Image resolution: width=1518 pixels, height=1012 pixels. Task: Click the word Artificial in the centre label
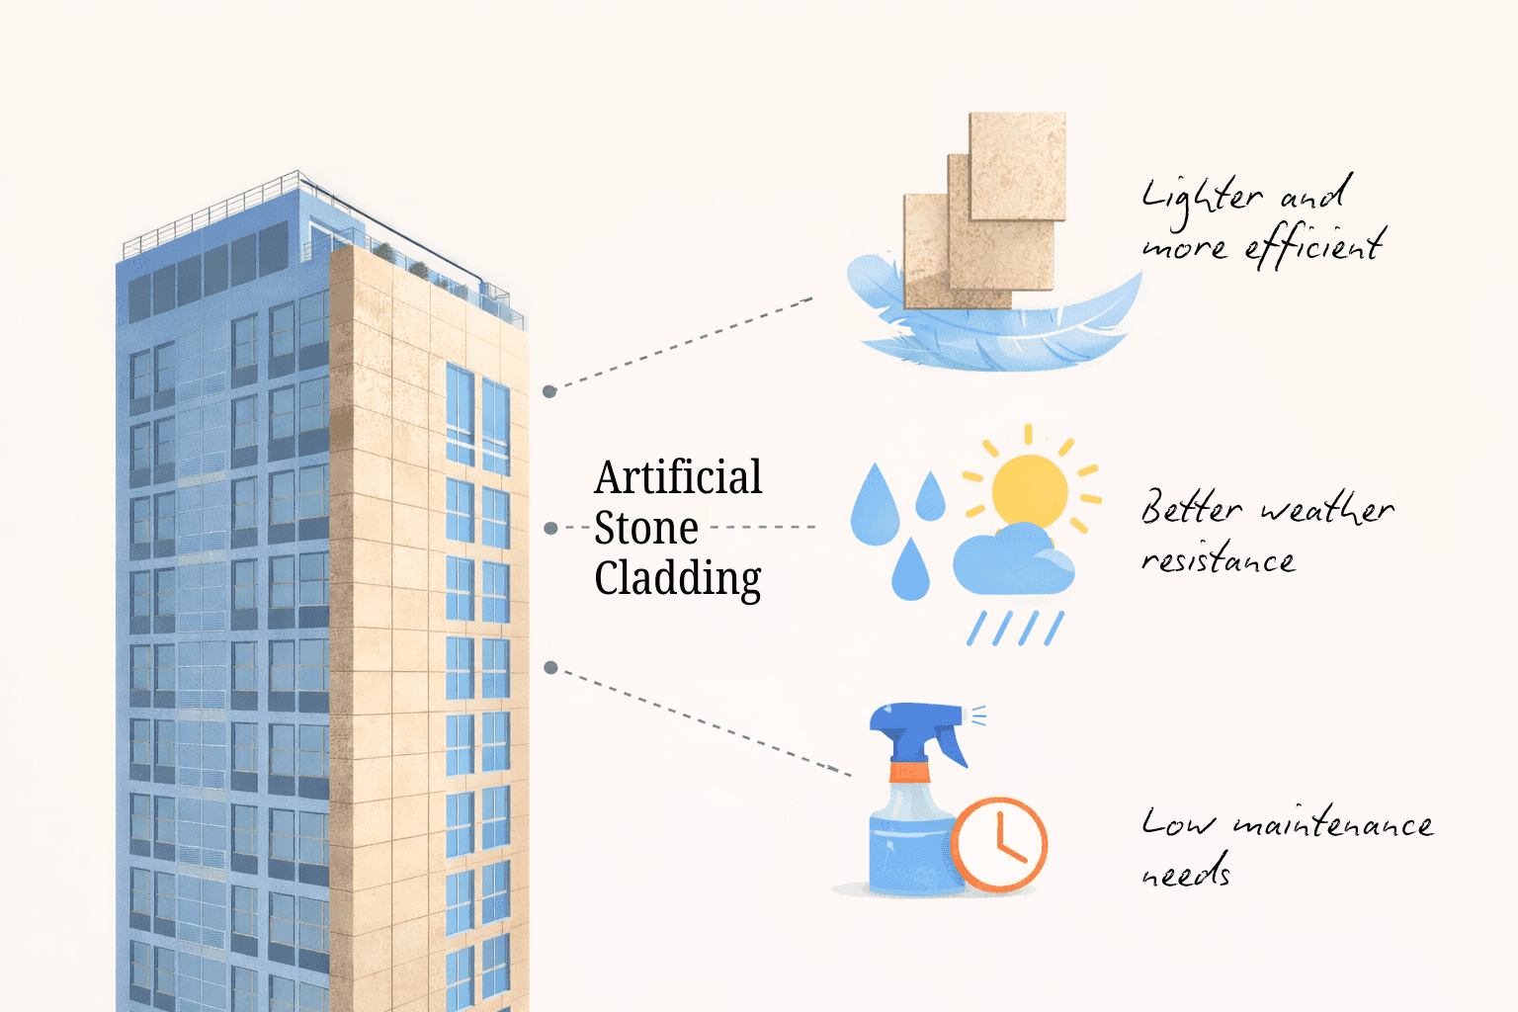(x=678, y=478)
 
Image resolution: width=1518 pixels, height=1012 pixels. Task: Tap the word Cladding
(x=678, y=579)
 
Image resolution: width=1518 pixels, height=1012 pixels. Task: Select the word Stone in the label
(x=646, y=529)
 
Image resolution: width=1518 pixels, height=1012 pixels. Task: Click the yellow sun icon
(x=1029, y=489)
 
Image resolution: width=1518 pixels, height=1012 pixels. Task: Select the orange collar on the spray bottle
(x=909, y=771)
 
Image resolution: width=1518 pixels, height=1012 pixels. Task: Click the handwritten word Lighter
(x=1201, y=196)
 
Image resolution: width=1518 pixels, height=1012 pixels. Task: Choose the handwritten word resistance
(x=1218, y=560)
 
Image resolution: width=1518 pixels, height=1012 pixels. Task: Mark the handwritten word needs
(x=1186, y=873)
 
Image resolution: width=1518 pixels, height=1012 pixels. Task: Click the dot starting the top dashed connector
(x=549, y=391)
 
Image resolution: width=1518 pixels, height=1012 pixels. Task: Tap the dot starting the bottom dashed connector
(x=550, y=668)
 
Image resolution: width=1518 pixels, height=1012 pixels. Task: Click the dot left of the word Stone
(x=550, y=529)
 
